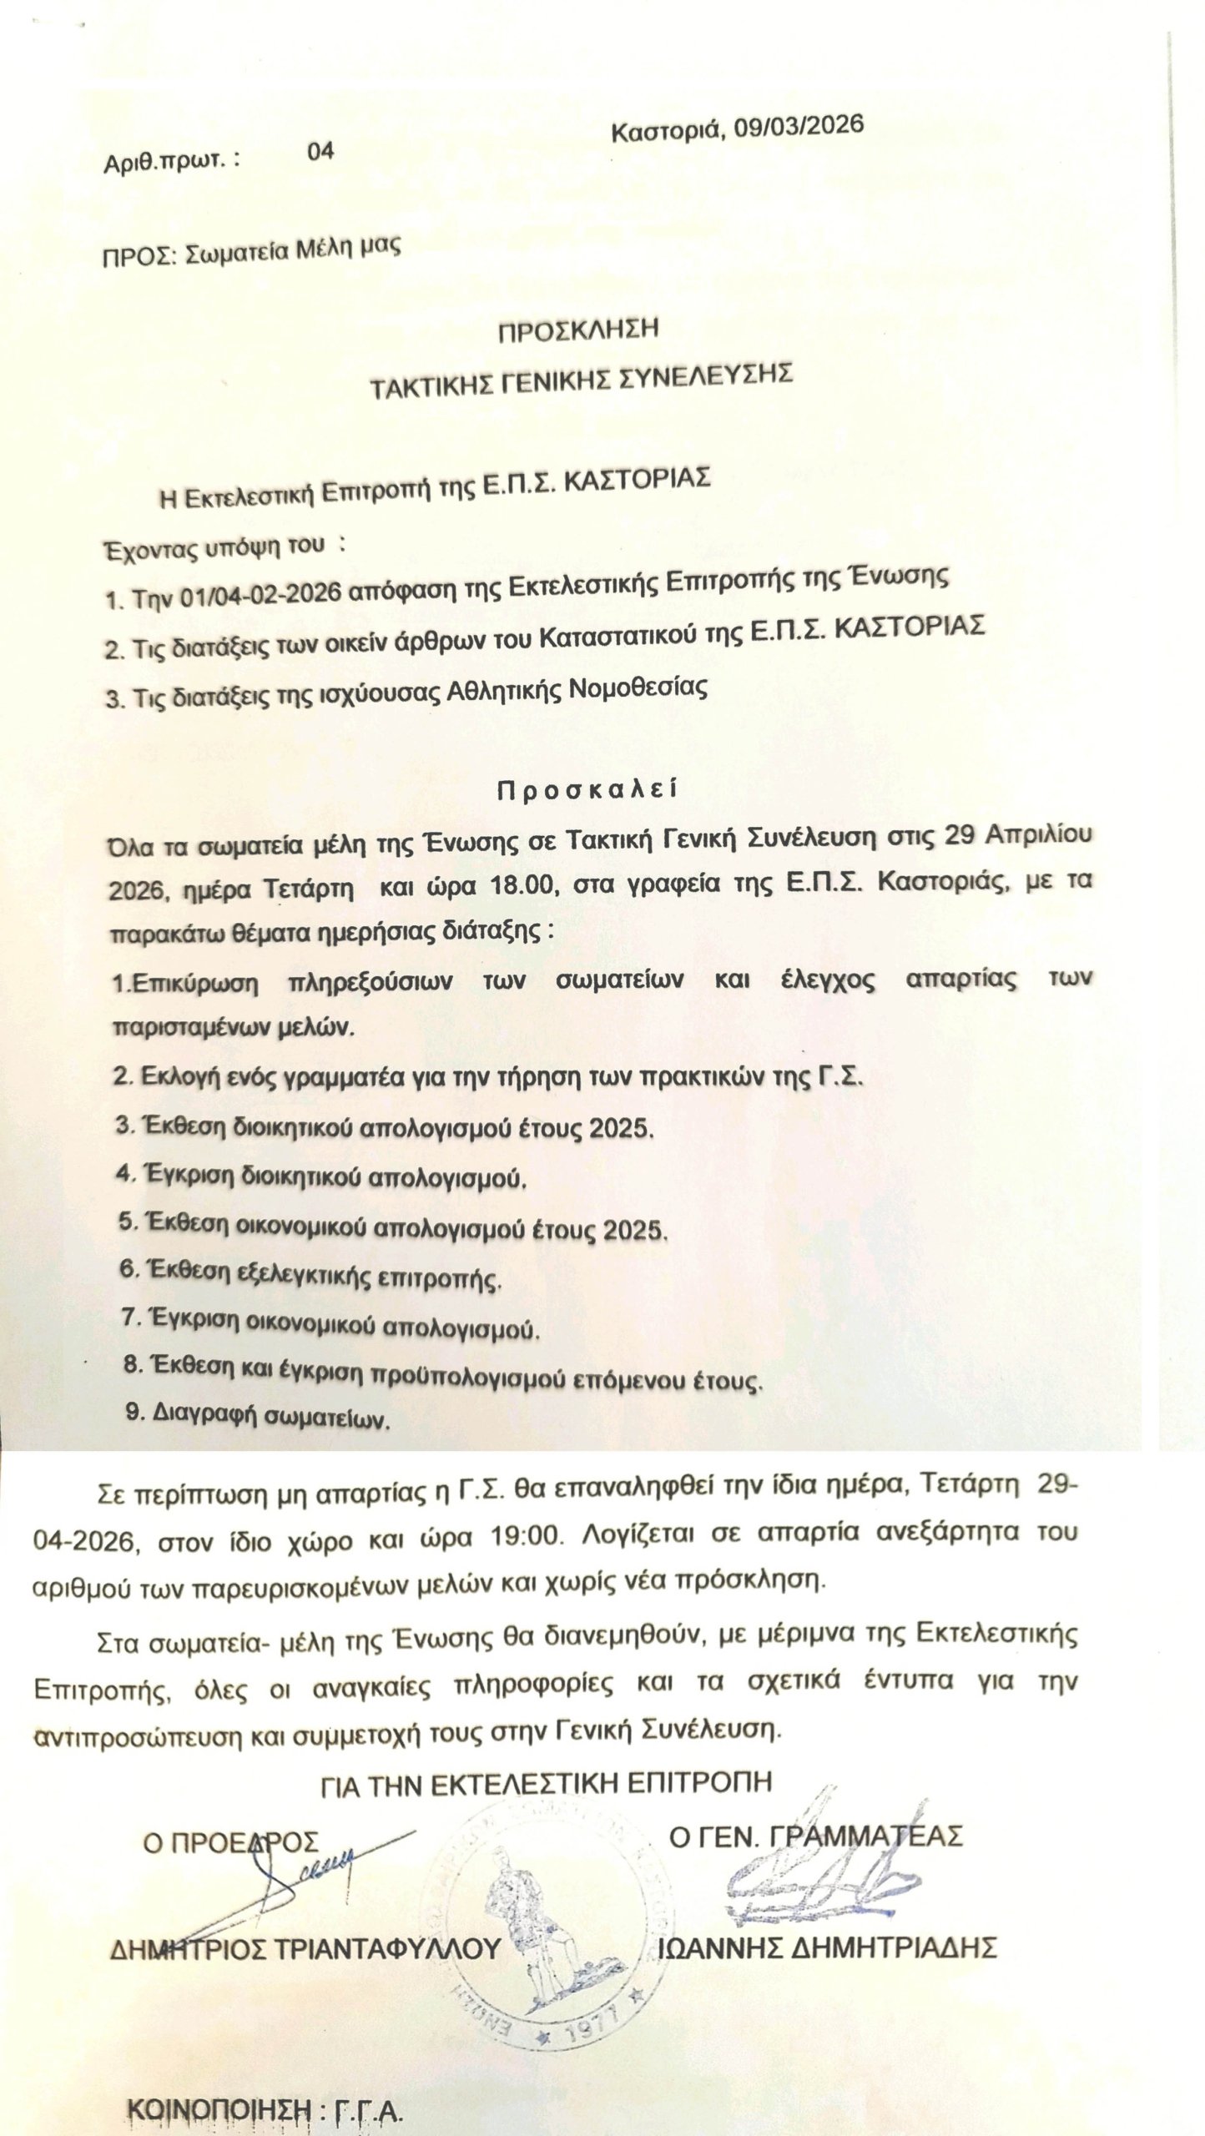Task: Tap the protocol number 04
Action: [320, 150]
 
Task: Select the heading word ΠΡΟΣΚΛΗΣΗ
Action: [578, 329]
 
